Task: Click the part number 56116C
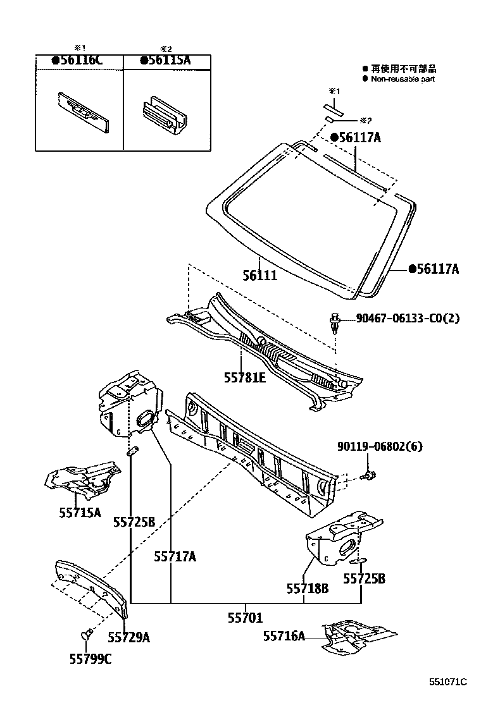click(80, 61)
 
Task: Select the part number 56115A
click(167, 61)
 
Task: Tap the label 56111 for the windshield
click(260, 276)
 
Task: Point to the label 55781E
click(244, 377)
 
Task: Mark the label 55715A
click(80, 513)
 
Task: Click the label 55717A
click(175, 557)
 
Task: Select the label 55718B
click(307, 589)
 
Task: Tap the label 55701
click(246, 618)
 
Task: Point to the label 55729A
click(128, 637)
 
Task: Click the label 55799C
click(90, 659)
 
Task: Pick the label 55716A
click(284, 637)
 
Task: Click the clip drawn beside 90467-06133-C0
click(335, 322)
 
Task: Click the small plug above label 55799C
click(87, 634)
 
